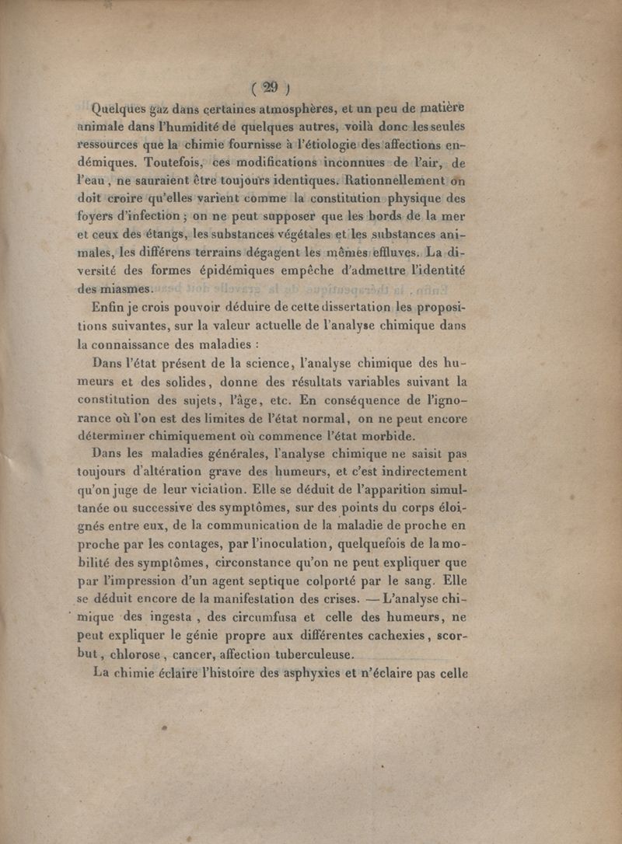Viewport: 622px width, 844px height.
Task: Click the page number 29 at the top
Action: (270, 88)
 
